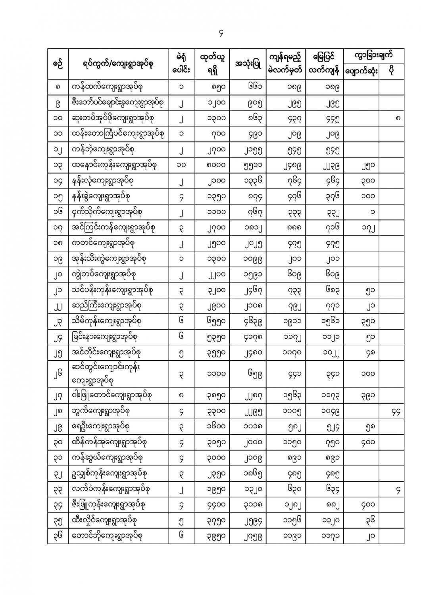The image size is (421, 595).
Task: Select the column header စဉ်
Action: click(58, 63)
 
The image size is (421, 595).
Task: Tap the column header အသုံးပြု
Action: click(248, 63)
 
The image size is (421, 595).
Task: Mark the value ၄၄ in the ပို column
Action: click(395, 413)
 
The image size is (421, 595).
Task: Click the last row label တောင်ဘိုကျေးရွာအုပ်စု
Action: click(107, 536)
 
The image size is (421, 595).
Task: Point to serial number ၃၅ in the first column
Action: click(58, 520)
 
